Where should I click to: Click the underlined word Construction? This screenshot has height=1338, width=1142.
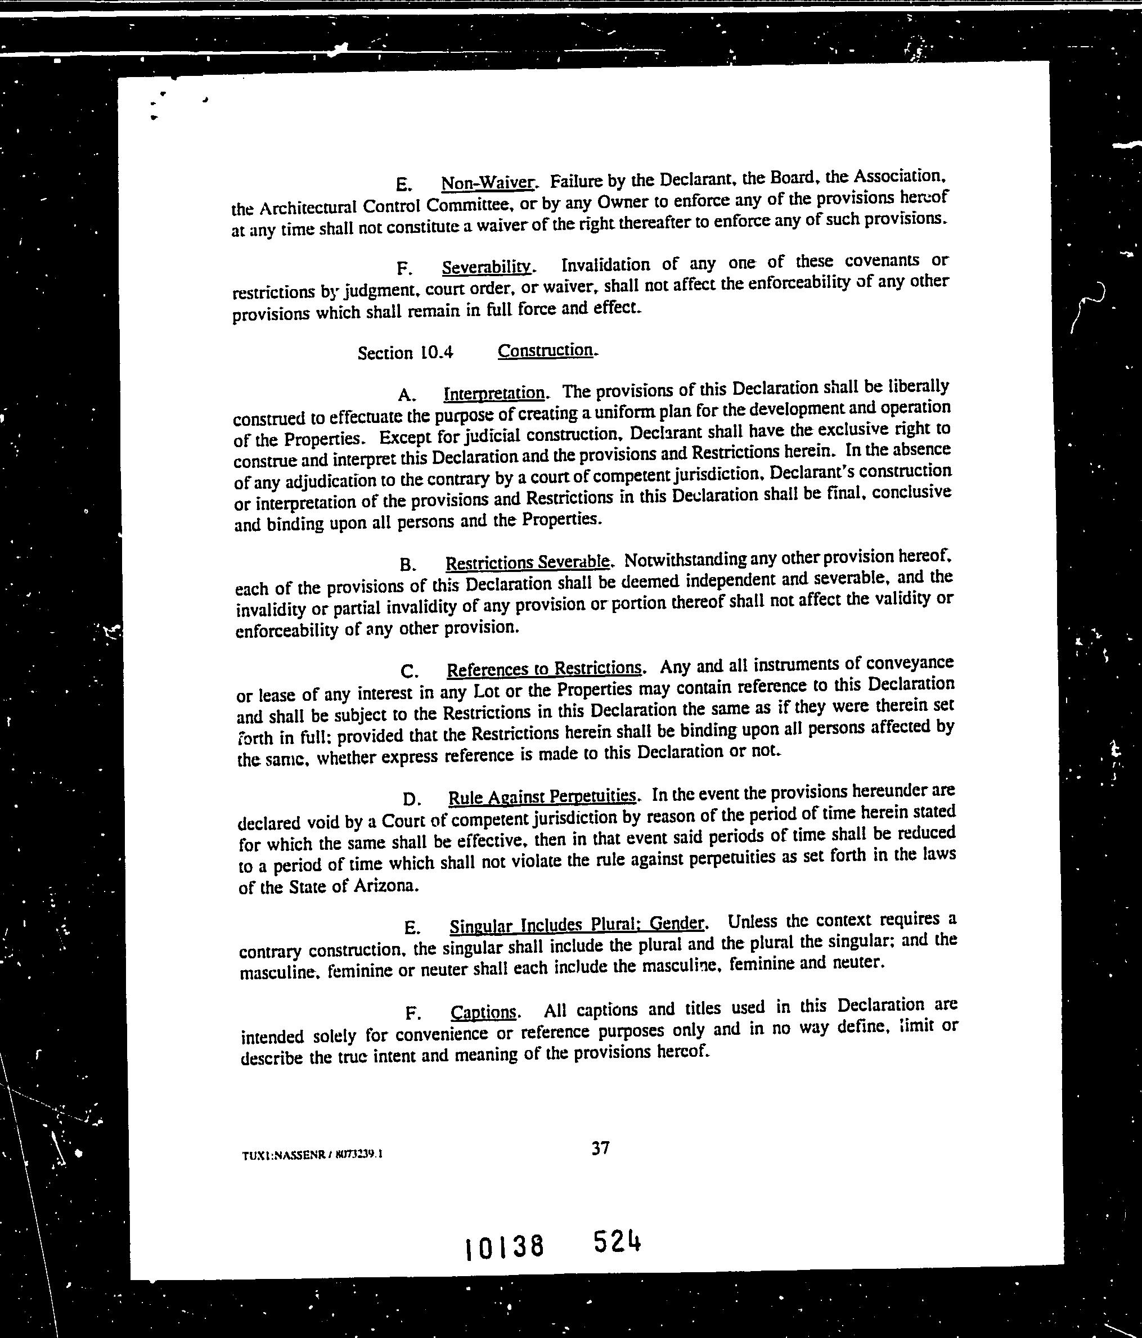click(546, 350)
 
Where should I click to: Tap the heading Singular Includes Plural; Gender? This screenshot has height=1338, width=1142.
click(577, 925)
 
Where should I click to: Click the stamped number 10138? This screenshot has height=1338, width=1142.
click(505, 1247)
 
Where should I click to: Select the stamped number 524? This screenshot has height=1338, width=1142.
click(617, 1241)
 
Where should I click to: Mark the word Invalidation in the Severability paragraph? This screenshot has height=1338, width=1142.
click(605, 264)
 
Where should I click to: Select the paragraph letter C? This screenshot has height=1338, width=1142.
click(410, 672)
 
